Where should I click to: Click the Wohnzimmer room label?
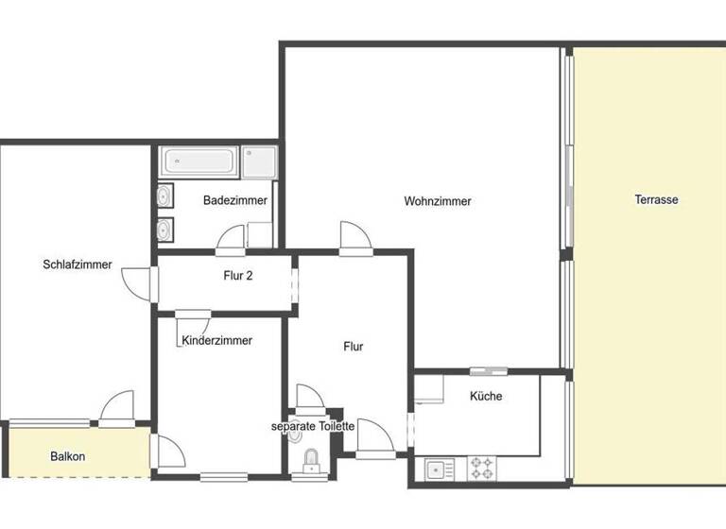(x=437, y=201)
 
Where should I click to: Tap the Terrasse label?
(x=656, y=200)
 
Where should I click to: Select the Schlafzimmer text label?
(x=78, y=264)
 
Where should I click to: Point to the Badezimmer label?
(x=235, y=200)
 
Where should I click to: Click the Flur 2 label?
(x=237, y=276)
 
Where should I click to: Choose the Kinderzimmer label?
(x=217, y=340)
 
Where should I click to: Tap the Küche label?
(x=486, y=396)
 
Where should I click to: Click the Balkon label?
(x=68, y=456)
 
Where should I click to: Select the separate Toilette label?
(x=313, y=426)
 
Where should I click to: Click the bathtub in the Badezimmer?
(x=199, y=161)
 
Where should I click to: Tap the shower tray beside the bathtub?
(x=258, y=162)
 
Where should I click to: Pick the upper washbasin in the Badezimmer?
(x=164, y=196)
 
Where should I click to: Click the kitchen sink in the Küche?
(x=440, y=468)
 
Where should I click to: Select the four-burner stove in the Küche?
(x=482, y=468)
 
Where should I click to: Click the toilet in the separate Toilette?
(x=309, y=460)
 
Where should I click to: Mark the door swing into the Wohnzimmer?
(x=354, y=237)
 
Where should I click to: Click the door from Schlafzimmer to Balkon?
(x=118, y=408)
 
